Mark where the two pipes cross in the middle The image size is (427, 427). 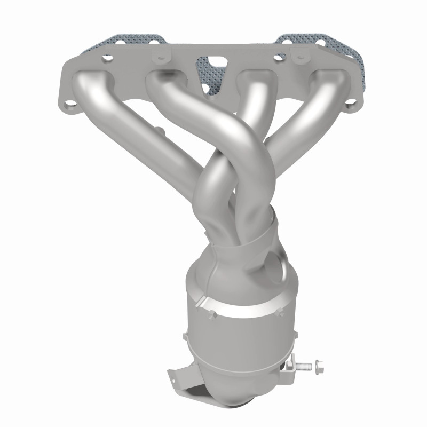click(224, 176)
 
